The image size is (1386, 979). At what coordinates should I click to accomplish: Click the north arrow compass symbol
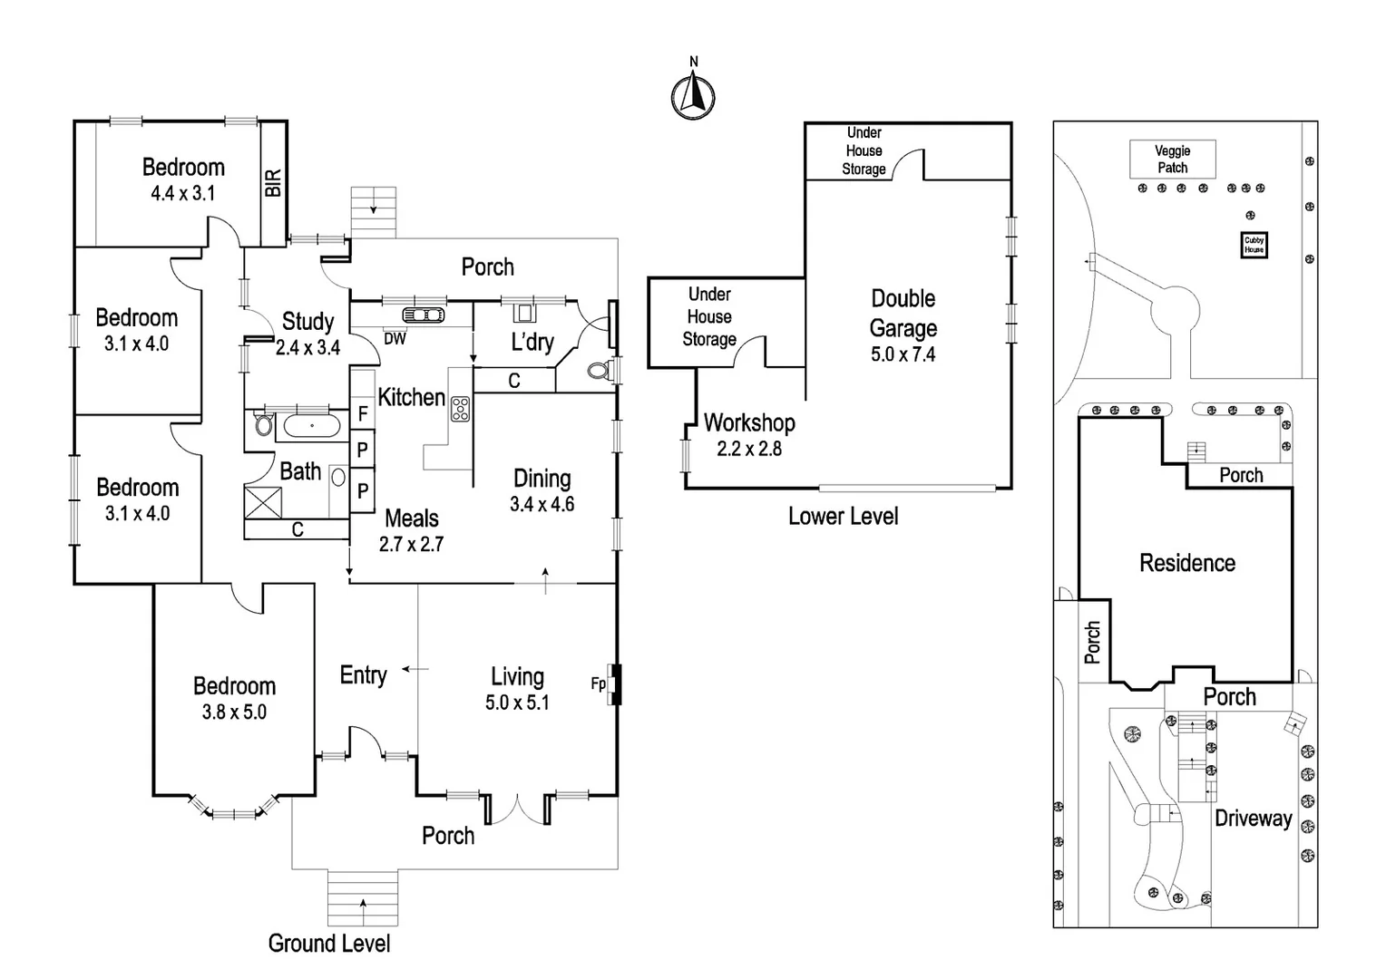point(693,94)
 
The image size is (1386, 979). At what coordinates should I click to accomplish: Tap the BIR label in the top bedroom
point(273,182)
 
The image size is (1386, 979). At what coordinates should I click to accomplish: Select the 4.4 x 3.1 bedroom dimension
point(182,193)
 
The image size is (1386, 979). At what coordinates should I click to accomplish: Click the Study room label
point(307,322)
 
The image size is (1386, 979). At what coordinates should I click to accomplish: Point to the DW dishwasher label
point(395,339)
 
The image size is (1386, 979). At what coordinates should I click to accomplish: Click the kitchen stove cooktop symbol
point(460,409)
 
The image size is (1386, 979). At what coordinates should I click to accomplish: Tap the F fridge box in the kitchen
point(363,414)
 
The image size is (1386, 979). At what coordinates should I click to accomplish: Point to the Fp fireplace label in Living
point(598,683)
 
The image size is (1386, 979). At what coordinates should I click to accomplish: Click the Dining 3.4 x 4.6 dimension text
point(542,505)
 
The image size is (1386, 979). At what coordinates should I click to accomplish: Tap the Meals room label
point(411,519)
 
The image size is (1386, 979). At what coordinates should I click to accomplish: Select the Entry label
point(363,675)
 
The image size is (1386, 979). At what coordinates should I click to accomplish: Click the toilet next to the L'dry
point(599,370)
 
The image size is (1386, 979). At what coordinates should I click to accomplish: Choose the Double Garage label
point(903,313)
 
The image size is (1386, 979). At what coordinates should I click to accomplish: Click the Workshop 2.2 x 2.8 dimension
point(748,449)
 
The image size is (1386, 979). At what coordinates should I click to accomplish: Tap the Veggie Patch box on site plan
point(1172,160)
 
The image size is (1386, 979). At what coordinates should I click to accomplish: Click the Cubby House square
point(1254,245)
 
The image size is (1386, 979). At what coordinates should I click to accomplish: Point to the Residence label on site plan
point(1186,563)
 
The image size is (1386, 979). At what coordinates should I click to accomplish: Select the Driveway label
point(1253,819)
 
